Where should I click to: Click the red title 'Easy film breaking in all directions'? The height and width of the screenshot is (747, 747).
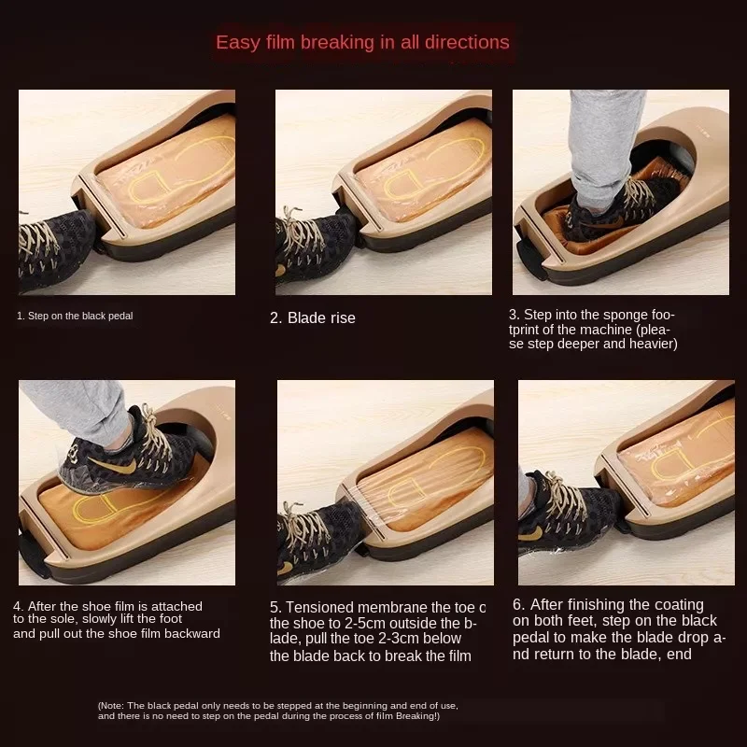(362, 42)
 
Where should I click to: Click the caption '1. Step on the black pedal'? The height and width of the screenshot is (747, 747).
(75, 316)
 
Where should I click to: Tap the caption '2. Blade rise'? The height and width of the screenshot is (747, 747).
(312, 317)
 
